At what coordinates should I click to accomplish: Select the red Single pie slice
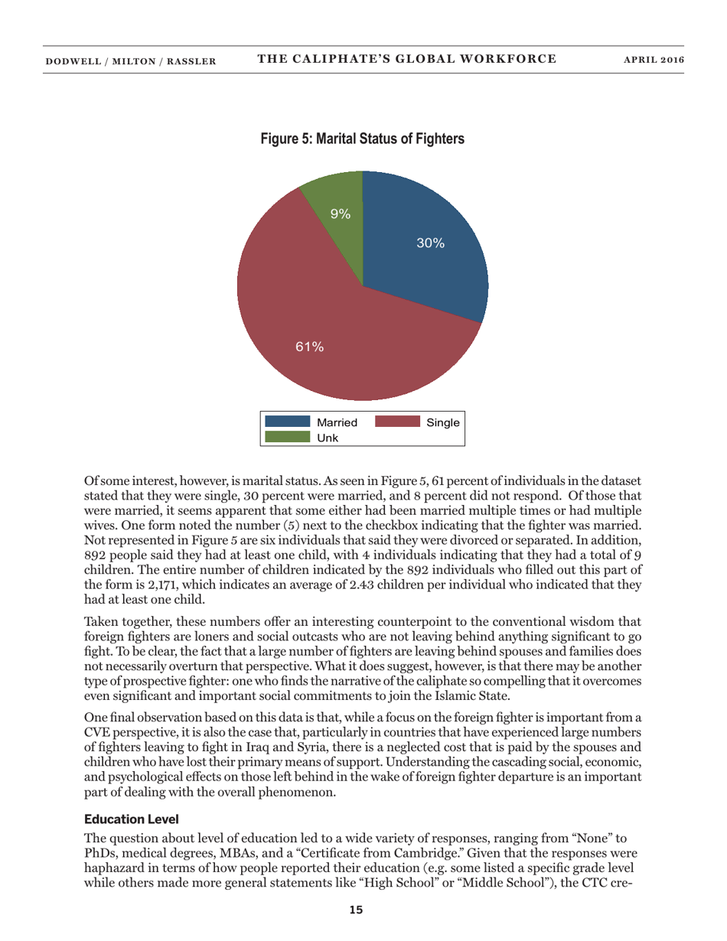321,329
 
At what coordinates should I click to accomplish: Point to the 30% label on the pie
430,243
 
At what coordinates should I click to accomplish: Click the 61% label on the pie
310,347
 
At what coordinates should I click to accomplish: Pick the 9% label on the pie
340,214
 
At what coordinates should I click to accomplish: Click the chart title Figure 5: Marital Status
363,139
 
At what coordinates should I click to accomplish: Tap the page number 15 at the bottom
356,910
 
